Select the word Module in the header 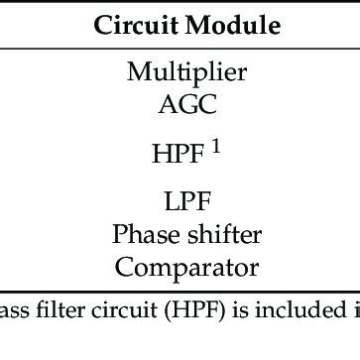tap(220, 25)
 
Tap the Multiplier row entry tap(186, 71)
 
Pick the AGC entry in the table tap(186, 102)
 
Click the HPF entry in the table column tap(179, 155)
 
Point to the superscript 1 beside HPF tap(215, 146)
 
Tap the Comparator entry tap(186, 267)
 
